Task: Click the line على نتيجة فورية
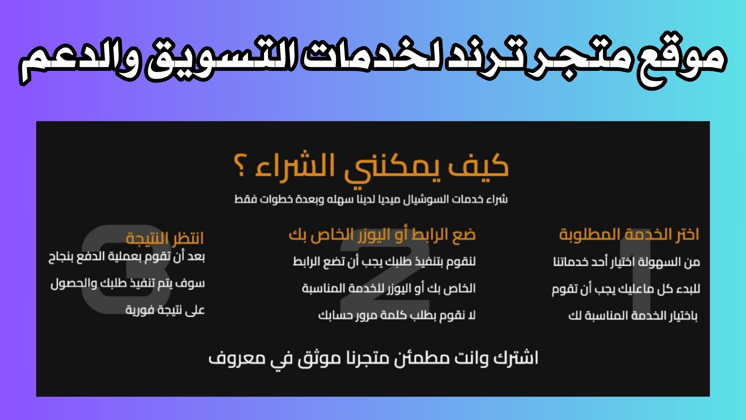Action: tap(165, 310)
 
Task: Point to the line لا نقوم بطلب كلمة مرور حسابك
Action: tap(397, 315)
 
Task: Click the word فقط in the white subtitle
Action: tap(242, 199)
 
